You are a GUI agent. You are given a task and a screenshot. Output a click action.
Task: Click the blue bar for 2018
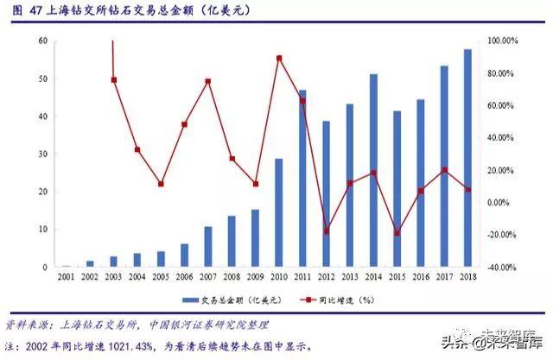coord(467,159)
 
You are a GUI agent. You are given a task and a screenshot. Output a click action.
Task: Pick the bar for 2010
coord(279,213)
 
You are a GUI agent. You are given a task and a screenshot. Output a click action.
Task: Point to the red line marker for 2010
coord(279,59)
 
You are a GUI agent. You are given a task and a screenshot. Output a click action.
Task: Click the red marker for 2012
coord(327,231)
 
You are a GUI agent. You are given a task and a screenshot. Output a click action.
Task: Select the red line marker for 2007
coord(208,81)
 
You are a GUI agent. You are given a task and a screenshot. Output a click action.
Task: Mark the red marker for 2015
coord(397,232)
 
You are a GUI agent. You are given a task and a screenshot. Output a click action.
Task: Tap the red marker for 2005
coord(161,184)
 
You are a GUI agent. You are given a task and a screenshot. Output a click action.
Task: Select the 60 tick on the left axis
coord(42,41)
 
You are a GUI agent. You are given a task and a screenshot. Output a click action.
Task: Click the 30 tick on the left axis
coord(42,155)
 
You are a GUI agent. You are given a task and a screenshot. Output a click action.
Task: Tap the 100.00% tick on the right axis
coord(502,41)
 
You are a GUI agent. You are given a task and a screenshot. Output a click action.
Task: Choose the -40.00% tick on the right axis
coord(502,268)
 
